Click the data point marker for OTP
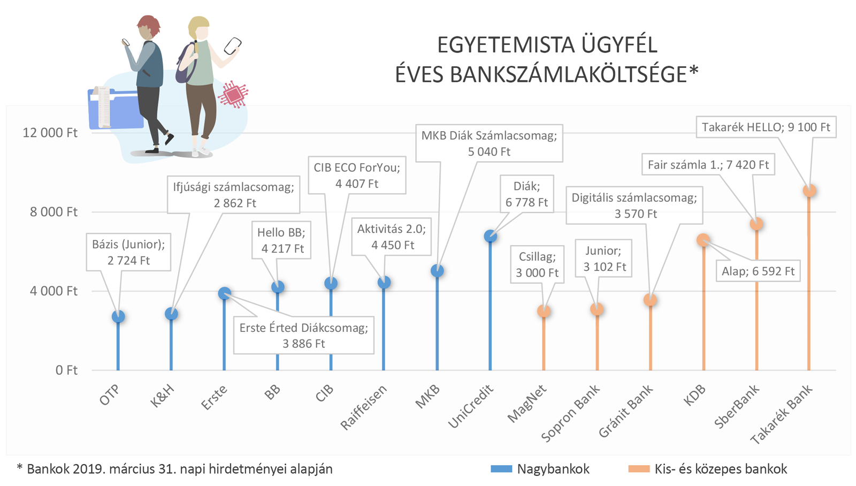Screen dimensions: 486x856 [x=118, y=316]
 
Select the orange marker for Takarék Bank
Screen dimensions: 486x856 [x=809, y=191]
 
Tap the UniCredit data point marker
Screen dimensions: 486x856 [x=490, y=236]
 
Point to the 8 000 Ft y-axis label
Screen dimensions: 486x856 [x=53, y=212]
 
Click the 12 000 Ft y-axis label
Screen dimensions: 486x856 [x=50, y=133]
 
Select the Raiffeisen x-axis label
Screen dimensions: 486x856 [x=364, y=407]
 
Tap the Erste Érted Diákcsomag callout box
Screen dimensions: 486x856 [x=303, y=336]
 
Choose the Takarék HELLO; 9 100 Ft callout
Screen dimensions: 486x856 [x=766, y=127]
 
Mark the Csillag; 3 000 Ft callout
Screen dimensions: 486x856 [x=537, y=264]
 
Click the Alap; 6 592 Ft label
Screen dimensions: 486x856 [x=758, y=271]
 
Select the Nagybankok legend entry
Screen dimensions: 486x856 [x=540, y=469]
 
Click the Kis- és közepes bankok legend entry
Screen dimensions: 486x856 [x=708, y=469]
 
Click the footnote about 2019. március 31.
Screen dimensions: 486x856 [x=174, y=469]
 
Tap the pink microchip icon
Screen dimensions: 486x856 [x=233, y=95]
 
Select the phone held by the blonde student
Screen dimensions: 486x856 [x=232, y=46]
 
